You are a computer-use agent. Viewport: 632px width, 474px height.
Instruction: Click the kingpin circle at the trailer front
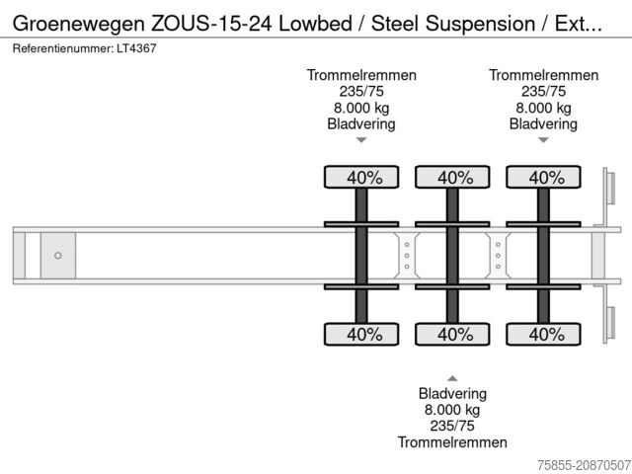58,256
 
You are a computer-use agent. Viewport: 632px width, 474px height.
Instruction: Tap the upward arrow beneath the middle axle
452,378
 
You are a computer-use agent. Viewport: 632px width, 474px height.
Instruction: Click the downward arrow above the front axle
361,140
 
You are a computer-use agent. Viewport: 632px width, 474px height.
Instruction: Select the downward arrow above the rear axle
543,140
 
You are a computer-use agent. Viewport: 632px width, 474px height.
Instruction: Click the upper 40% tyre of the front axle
362,178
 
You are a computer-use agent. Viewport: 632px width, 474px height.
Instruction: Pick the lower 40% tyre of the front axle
362,335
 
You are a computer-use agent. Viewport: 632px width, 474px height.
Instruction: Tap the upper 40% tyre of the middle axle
453,178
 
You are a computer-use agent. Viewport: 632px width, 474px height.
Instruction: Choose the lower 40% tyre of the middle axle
453,335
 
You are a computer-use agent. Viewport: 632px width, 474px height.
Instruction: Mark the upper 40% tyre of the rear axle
544,178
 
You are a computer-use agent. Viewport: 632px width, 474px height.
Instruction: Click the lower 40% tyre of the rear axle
544,335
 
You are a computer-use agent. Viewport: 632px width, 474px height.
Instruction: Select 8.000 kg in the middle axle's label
452,410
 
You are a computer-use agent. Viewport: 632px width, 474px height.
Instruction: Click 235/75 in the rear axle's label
543,92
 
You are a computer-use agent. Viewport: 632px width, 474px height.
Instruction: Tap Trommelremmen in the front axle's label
361,76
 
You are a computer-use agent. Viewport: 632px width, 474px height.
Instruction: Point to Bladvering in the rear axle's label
543,123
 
